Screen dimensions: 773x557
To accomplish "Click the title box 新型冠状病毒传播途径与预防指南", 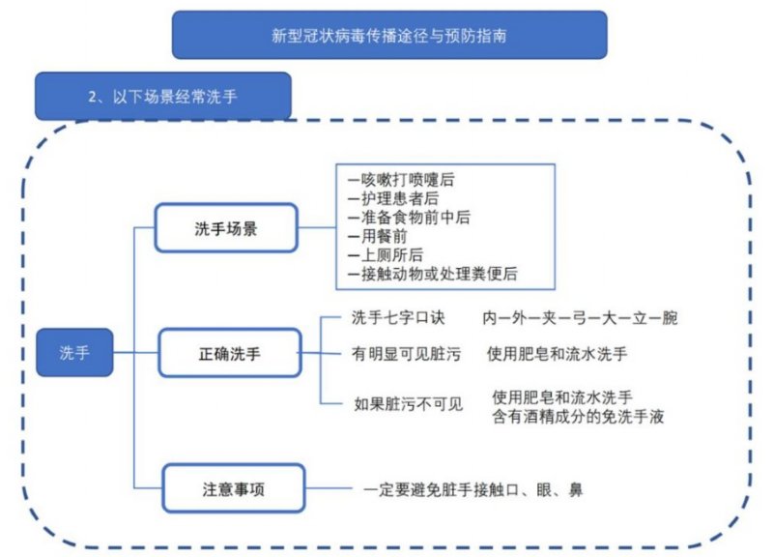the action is (389, 35).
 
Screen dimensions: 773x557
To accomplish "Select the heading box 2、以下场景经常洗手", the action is (163, 96).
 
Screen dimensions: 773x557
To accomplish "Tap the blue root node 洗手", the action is (74, 352).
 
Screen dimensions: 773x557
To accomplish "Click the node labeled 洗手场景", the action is (226, 228).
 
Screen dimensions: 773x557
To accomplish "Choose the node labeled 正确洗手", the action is (230, 353).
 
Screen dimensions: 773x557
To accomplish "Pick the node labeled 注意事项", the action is (234, 488).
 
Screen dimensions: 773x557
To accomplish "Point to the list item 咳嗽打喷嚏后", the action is (401, 180).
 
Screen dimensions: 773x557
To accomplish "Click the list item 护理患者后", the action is (393, 198).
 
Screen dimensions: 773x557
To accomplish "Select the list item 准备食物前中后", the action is (409, 217).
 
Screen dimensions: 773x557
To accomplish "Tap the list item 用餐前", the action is (377, 236).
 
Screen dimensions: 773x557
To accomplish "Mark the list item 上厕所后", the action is (385, 254).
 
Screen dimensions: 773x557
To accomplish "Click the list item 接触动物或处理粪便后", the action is (432, 274).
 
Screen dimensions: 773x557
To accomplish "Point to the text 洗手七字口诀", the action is (398, 318).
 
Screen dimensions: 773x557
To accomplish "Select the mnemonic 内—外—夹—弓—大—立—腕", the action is (580, 318).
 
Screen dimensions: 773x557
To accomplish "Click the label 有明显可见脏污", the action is (406, 354).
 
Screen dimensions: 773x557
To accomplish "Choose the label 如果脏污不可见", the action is (409, 404).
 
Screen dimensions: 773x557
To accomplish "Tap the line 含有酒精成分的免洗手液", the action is (578, 417).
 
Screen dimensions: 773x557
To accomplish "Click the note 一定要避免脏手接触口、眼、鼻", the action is (473, 489).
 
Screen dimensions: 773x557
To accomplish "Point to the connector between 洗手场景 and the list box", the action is (317, 227).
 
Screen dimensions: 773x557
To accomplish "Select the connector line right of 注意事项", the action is (329, 488).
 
